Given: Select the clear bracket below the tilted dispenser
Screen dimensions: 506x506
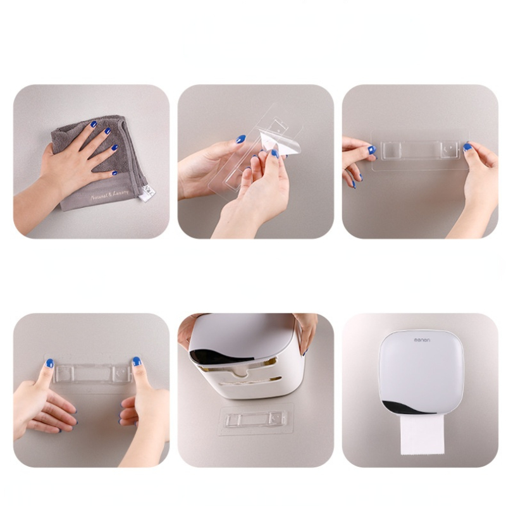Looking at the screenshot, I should tap(256, 419).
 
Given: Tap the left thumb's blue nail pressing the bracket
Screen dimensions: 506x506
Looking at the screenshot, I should tap(49, 363).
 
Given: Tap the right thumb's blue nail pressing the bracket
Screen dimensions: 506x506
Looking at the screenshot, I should tap(136, 362).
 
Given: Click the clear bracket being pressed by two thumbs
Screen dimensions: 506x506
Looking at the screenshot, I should tap(92, 373).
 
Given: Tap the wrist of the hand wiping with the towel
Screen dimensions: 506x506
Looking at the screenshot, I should tap(44, 190).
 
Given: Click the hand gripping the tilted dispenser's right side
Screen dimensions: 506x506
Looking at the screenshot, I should tap(307, 329).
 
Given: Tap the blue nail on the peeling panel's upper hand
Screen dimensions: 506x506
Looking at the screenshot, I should tap(240, 139).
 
